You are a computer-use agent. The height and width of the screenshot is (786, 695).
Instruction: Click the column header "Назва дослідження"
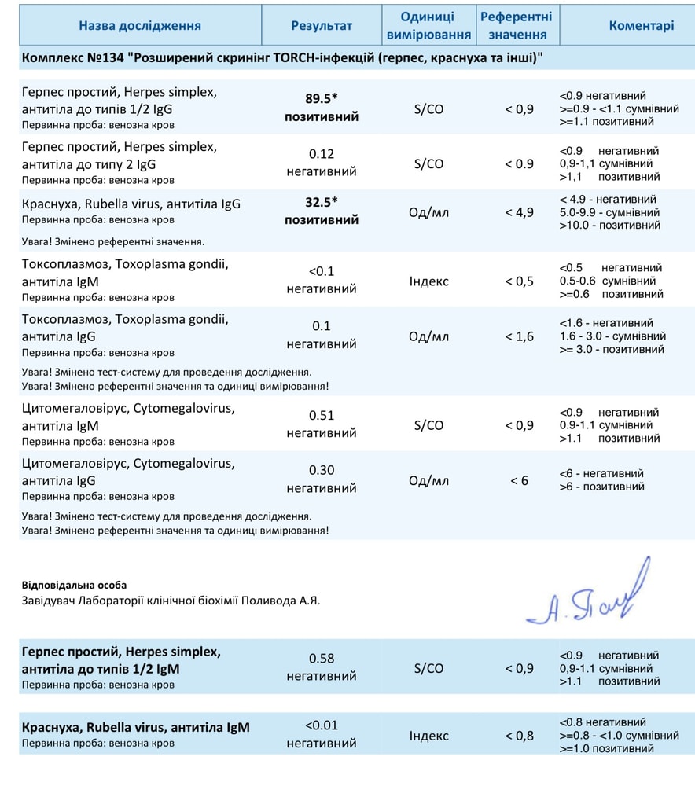[x=140, y=25]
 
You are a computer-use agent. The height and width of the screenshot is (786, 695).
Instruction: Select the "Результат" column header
[x=322, y=25]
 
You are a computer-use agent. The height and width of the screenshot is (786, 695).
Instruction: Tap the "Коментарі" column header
[x=641, y=25]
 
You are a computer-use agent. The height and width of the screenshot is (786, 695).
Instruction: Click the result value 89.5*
[x=322, y=99]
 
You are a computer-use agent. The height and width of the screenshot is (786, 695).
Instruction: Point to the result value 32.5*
[x=322, y=202]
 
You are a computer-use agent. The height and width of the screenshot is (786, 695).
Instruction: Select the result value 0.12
[x=322, y=154]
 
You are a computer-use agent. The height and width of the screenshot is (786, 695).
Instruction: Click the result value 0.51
[x=322, y=416]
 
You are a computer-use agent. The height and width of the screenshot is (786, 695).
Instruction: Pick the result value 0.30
[x=322, y=470]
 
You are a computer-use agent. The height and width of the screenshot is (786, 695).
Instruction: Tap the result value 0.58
[x=322, y=658]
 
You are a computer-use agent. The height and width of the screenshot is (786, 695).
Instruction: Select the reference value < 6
[x=519, y=480]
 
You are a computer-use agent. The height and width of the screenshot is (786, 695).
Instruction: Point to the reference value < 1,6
[x=519, y=336]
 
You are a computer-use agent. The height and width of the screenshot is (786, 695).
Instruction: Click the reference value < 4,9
[x=519, y=211]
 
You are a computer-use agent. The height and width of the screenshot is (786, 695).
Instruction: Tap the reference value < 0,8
[x=519, y=736]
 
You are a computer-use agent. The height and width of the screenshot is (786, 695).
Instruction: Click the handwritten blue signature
[x=586, y=595]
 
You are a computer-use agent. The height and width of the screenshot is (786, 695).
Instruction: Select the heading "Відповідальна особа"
[x=75, y=585]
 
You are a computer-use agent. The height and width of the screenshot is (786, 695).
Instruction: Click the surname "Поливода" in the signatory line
[x=271, y=601]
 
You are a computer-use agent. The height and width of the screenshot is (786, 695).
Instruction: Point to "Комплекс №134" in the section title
[x=70, y=60]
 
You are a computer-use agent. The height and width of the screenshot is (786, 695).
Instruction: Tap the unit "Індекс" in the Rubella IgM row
[x=428, y=736]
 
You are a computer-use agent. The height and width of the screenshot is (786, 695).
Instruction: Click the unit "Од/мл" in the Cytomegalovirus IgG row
[x=428, y=480]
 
